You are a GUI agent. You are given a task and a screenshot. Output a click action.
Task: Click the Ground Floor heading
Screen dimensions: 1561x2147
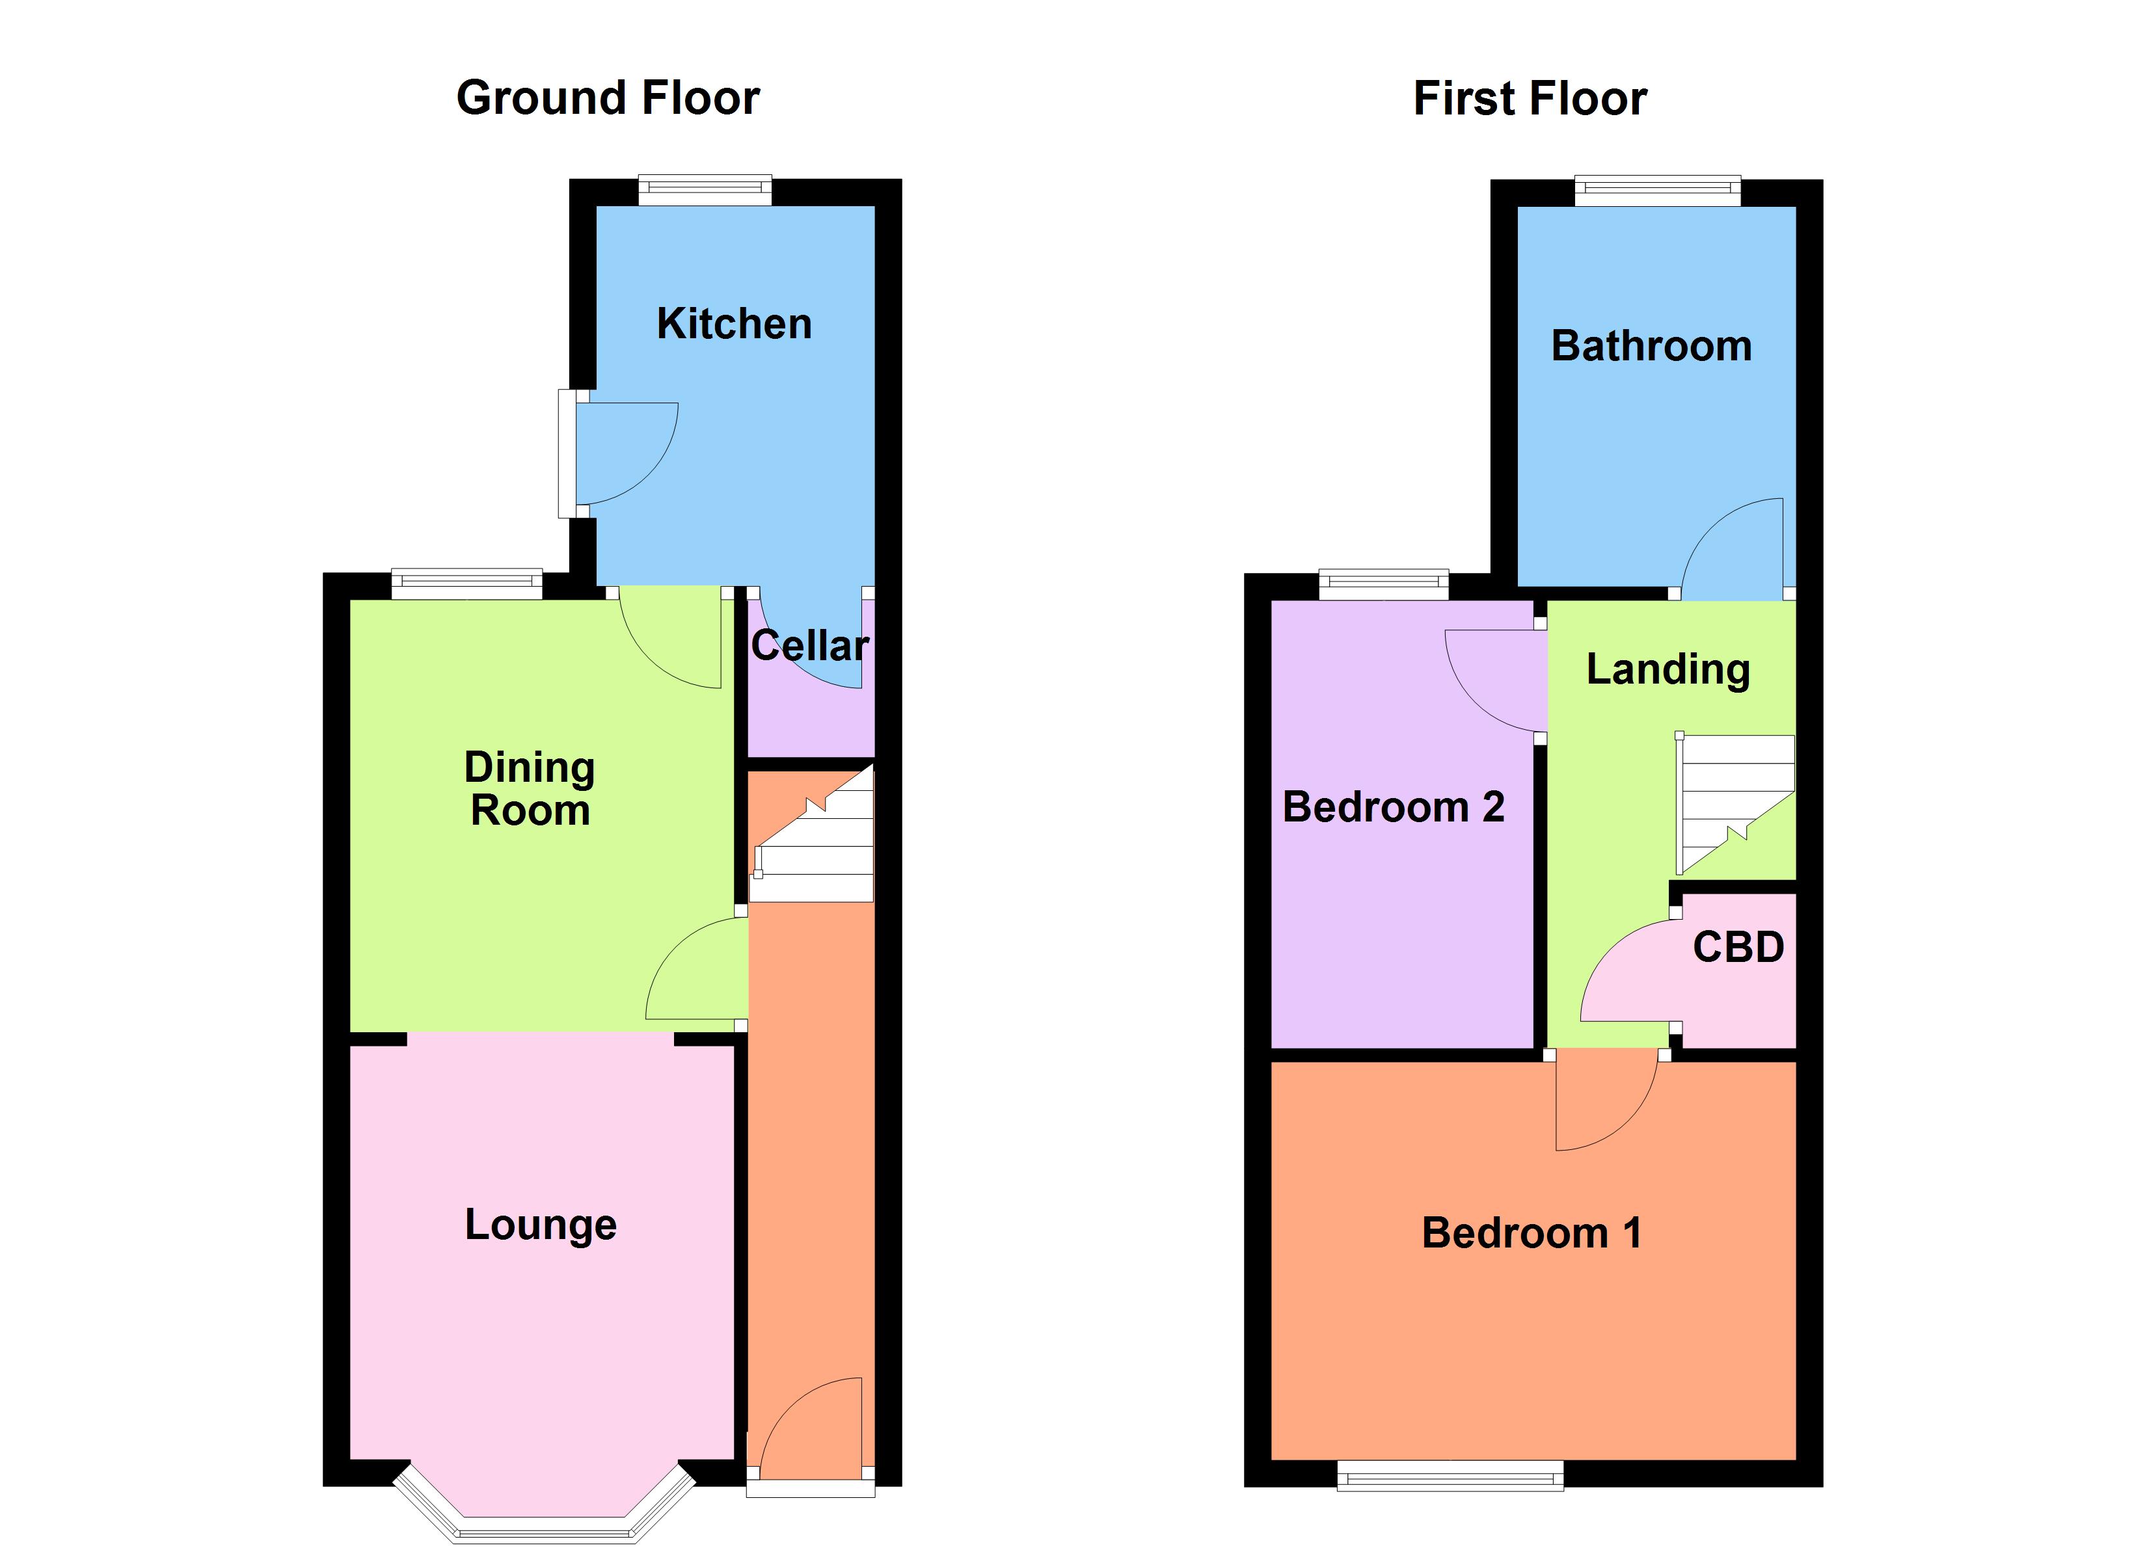tap(608, 98)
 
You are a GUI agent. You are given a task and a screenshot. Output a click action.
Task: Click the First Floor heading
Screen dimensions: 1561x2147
tap(1530, 98)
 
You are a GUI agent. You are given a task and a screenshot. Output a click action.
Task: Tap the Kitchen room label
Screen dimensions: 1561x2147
tap(734, 324)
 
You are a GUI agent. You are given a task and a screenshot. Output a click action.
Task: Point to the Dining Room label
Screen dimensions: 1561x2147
tap(530, 788)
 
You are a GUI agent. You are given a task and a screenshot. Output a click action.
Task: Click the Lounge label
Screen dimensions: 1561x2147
tap(541, 1225)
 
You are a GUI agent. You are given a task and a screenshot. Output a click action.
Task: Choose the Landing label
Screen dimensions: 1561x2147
tap(1668, 669)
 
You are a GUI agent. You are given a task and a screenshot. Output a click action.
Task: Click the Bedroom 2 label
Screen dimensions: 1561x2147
tap(1392, 807)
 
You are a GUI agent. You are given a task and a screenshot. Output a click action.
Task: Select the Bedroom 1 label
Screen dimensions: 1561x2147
tap(1532, 1233)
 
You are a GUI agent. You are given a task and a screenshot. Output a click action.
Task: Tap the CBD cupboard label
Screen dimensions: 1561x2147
tap(1738, 946)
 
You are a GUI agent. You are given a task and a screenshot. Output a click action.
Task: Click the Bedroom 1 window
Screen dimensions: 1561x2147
tap(1450, 1475)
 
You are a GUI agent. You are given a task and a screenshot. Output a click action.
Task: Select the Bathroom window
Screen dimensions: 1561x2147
tap(1656, 191)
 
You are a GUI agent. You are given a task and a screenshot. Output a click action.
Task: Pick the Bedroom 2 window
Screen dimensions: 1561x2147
tap(1383, 584)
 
